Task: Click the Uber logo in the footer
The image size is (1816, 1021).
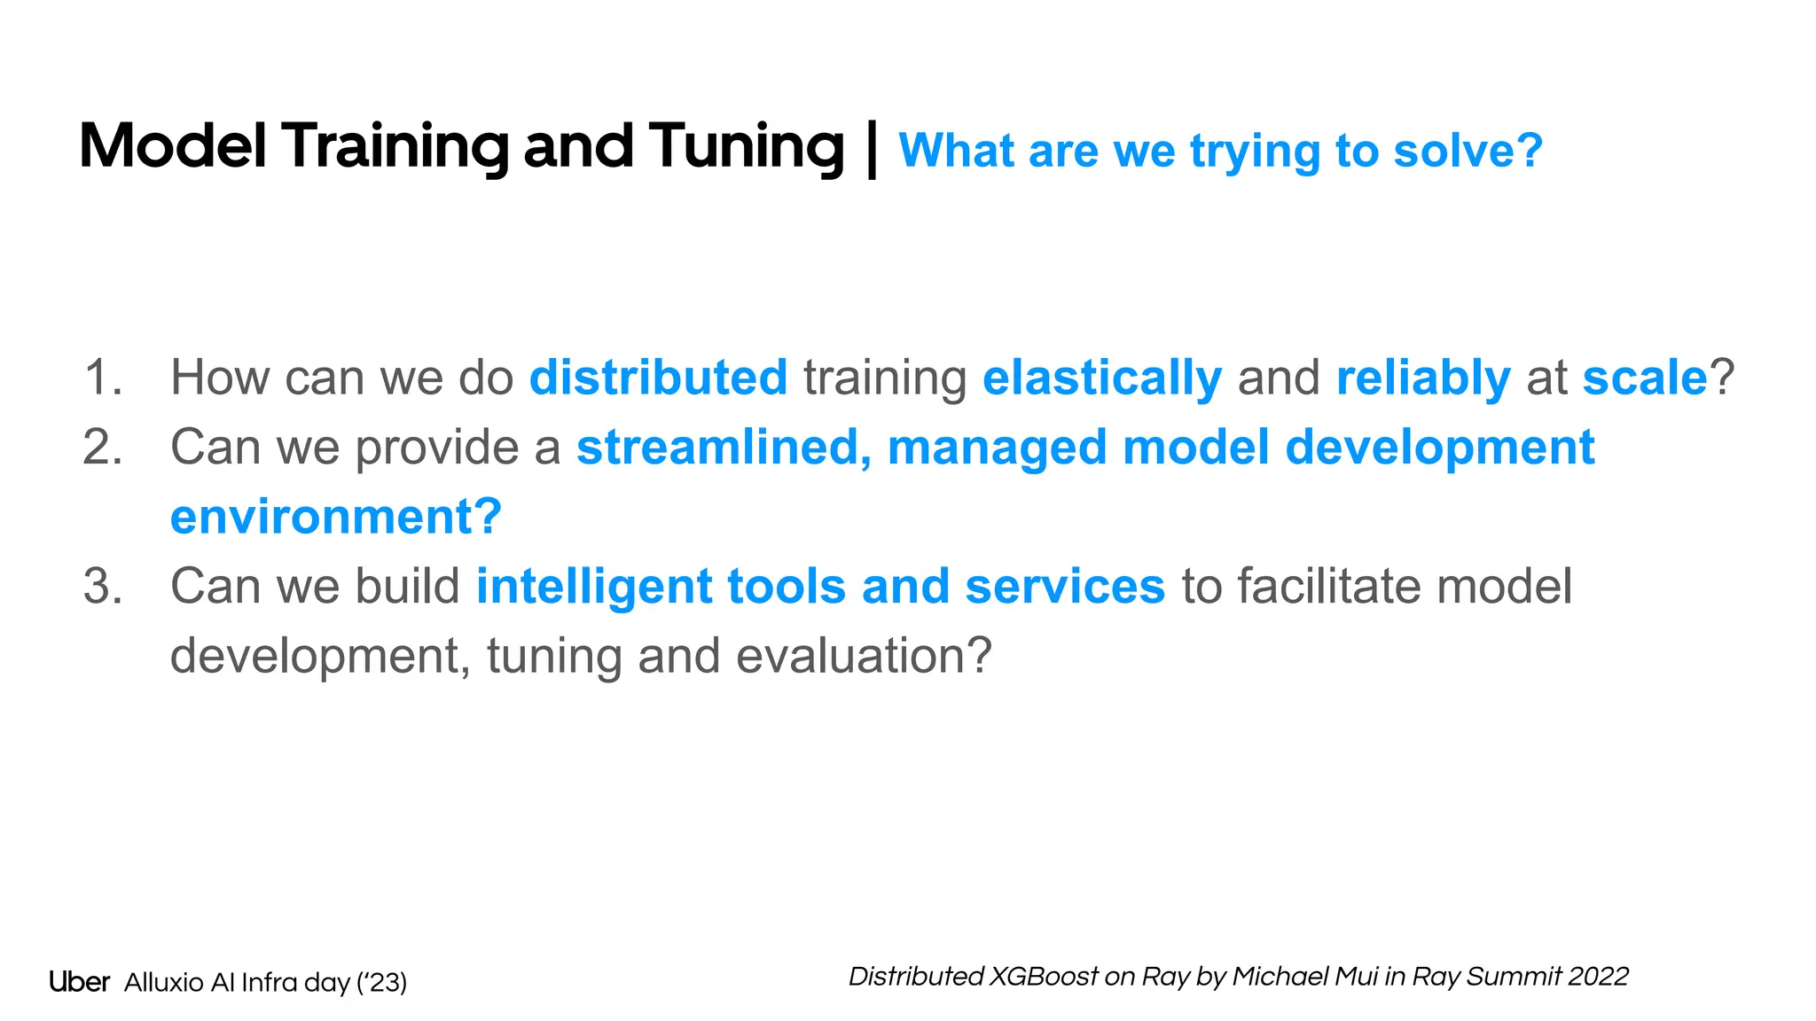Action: coord(79,982)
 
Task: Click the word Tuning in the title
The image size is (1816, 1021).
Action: coord(746,147)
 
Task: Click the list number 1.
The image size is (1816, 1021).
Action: coord(103,378)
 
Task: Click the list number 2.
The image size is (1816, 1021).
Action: coord(103,447)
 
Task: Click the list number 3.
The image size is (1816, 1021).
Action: coord(103,587)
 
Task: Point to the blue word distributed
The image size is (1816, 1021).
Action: coord(658,378)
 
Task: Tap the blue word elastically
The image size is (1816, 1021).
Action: coord(1102,378)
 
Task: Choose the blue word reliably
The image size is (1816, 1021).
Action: coord(1423,378)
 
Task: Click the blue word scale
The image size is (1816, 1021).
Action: coord(1645,378)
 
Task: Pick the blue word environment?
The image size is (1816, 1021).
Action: coord(336,517)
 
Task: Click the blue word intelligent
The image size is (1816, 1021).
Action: coord(594,587)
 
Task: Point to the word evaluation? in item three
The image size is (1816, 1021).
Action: coord(864,656)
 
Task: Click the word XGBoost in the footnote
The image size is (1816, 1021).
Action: coord(1044,977)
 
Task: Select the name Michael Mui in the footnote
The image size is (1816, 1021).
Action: coord(1304,977)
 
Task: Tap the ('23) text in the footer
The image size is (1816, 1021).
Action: coord(381,983)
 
